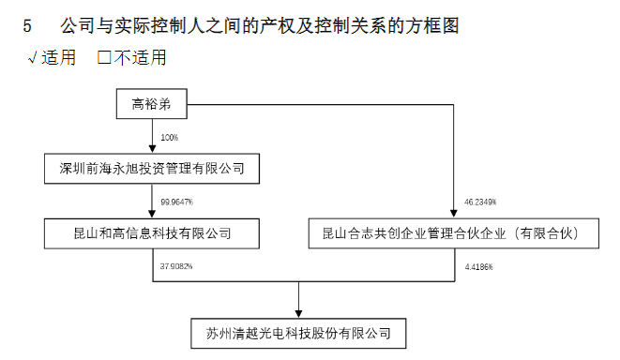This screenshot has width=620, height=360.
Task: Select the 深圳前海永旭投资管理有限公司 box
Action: pos(151,169)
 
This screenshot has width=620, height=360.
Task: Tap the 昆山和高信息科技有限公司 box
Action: pos(151,232)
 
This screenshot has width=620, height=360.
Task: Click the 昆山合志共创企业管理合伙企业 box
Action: pos(454,232)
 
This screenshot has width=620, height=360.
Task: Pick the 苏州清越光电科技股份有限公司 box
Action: pos(298,332)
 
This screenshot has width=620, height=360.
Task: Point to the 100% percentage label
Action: pos(169,138)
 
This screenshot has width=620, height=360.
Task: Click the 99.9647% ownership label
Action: pos(177,202)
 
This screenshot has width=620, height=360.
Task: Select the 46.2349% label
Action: pos(480,202)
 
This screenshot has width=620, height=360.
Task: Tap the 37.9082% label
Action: pos(176,267)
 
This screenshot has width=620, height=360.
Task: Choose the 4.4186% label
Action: pos(478,267)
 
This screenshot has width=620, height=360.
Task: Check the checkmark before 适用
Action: pos(33,58)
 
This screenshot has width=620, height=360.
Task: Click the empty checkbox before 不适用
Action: pos(104,58)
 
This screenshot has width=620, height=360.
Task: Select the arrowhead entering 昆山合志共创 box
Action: pos(454,215)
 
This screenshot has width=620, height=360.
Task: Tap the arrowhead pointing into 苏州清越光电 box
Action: pos(298,313)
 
